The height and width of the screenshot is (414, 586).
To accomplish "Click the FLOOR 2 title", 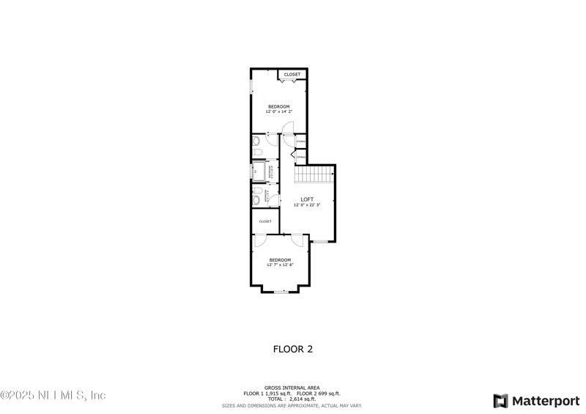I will (x=293, y=350).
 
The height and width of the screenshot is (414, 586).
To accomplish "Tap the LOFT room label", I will (x=307, y=199).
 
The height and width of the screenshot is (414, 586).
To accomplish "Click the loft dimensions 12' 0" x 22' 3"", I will (x=307, y=205).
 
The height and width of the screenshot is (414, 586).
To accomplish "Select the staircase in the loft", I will (x=314, y=175).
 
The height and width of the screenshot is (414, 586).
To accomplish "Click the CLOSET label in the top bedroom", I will (x=292, y=74).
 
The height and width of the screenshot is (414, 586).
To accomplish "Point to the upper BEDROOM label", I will (x=278, y=106).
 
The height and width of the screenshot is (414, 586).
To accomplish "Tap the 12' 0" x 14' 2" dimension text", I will (x=278, y=112).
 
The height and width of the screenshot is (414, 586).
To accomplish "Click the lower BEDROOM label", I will (x=280, y=259).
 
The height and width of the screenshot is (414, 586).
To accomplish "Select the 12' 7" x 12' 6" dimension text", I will (x=280, y=265).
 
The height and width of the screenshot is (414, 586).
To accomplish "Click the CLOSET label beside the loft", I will (x=265, y=221).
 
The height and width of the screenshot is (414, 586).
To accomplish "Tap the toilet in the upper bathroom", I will (x=256, y=141).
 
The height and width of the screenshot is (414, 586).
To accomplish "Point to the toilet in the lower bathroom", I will (x=256, y=196).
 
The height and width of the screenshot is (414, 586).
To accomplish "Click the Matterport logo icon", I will (x=501, y=401).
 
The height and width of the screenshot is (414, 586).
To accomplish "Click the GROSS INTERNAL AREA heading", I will (x=292, y=388).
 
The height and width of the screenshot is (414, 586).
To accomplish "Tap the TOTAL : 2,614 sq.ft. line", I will (x=292, y=399).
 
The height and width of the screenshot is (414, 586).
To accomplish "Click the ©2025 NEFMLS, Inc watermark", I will (x=53, y=395).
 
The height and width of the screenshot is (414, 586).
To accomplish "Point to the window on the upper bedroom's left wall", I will (x=251, y=86).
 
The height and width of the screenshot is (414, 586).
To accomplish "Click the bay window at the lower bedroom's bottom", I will (x=280, y=292).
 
